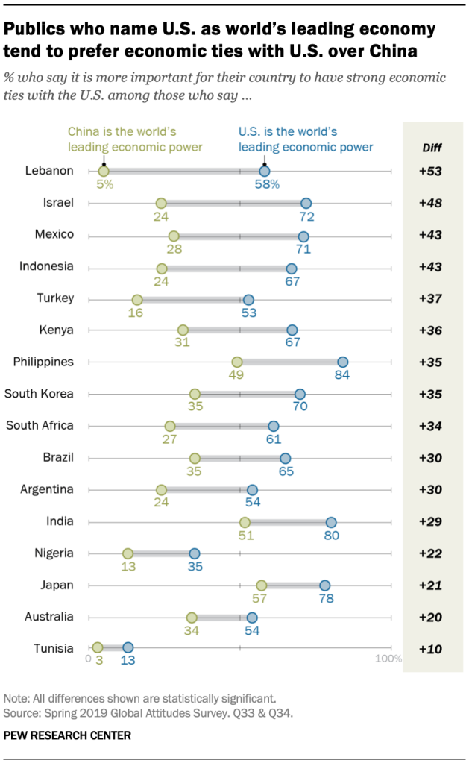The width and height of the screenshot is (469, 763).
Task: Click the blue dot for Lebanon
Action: coord(264,171)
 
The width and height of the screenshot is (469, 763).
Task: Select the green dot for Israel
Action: coord(161,203)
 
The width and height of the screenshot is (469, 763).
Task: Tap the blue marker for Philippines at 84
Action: coord(342,362)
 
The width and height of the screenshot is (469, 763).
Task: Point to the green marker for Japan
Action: coord(261,585)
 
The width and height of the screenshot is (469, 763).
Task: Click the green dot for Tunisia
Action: coord(98,647)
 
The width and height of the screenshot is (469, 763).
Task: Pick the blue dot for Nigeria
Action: coord(195,553)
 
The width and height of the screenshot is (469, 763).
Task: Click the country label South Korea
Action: coord(39,393)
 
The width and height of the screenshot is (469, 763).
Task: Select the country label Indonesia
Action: coord(47,266)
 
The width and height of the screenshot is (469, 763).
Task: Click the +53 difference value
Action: coord(430,171)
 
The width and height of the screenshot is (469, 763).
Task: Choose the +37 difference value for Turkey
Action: coord(430,298)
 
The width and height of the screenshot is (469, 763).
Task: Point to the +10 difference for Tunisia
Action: coord(430,649)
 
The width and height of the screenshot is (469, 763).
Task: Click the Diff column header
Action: coord(431,147)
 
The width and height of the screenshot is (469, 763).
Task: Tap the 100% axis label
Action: coord(388,659)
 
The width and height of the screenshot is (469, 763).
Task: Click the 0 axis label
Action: coord(88,659)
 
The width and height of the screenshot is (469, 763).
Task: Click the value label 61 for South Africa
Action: coord(274,439)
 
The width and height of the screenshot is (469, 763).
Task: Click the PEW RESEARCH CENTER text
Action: coord(67,735)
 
